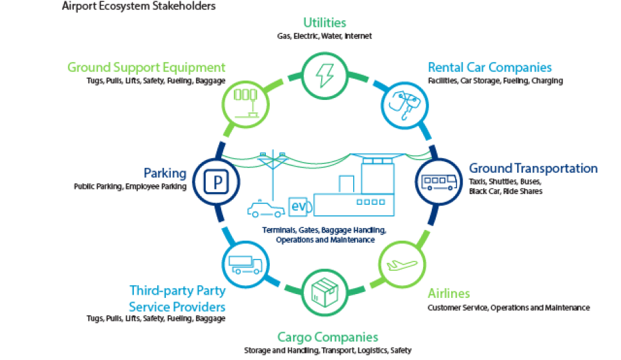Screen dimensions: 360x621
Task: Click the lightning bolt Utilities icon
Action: click(324, 77)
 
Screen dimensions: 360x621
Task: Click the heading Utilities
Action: click(324, 23)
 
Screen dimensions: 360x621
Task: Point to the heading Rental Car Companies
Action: click(490, 67)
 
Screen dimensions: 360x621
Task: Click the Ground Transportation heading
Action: click(533, 169)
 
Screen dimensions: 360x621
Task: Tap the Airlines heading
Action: click(448, 293)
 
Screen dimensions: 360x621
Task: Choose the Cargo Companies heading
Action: click(327, 337)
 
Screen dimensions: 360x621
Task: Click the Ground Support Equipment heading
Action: click(147, 67)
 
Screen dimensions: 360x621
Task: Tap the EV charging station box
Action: click(297, 207)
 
